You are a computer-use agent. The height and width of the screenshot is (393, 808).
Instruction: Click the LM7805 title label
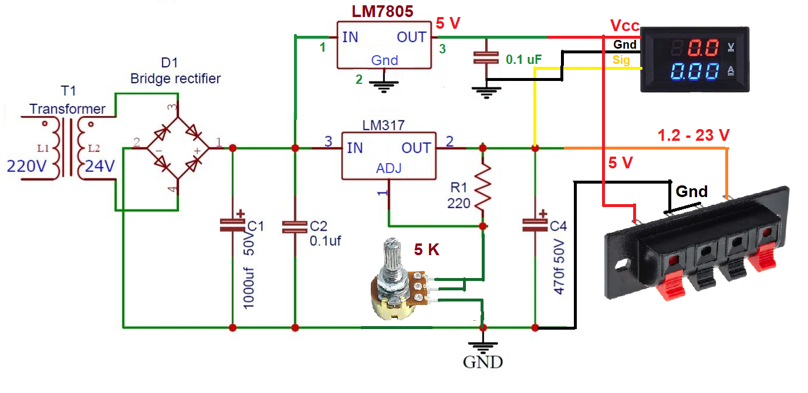point(383,11)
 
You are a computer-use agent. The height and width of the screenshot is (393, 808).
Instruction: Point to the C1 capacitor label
point(256,227)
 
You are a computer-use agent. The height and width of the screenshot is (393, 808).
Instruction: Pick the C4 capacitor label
point(559,226)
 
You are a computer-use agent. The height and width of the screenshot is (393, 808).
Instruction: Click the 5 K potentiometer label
point(427,250)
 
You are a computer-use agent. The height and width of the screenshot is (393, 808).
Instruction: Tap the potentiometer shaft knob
point(390,258)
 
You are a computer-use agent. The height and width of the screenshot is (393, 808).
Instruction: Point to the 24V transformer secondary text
point(100,167)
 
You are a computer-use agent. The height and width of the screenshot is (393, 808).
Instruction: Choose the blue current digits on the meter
point(696,72)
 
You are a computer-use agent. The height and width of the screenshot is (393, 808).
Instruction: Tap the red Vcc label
point(624,26)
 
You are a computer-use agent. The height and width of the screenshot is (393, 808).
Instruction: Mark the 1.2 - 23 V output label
point(694,135)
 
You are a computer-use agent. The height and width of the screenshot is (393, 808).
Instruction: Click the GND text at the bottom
point(483,361)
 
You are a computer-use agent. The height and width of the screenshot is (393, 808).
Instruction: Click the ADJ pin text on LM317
point(388,169)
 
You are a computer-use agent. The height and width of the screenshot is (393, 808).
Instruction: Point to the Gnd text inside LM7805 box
point(384,60)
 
